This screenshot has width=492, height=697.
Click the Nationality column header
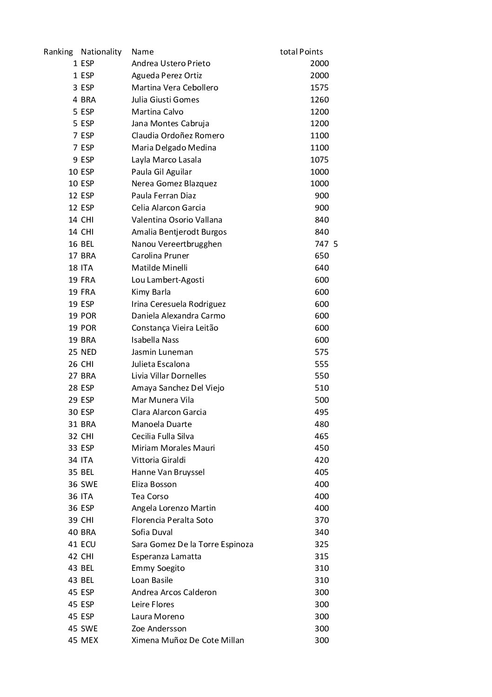pos(101,52)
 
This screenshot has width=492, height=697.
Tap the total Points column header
pos(301,52)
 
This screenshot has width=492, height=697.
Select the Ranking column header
pos(58,52)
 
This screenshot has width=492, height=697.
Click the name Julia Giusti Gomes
pos(165,100)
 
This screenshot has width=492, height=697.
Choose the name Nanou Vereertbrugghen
pos(176,244)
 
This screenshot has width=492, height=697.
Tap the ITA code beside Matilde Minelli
pos(86,268)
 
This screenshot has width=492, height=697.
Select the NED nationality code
pos(88,352)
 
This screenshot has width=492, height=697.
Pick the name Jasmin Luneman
pos(162,352)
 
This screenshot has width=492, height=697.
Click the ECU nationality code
pos(88,544)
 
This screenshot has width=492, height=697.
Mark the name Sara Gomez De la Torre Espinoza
pos(192,544)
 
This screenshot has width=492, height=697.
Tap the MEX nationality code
pos(89,640)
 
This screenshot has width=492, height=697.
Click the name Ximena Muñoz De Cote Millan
pos(187,640)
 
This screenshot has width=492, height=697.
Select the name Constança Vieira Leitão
pos(174,328)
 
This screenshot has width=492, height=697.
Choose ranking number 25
pos(73,352)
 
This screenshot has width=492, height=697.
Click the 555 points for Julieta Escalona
pos(321,364)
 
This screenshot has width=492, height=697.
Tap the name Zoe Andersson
pos(159,629)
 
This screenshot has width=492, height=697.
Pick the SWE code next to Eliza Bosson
pos(89,484)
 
